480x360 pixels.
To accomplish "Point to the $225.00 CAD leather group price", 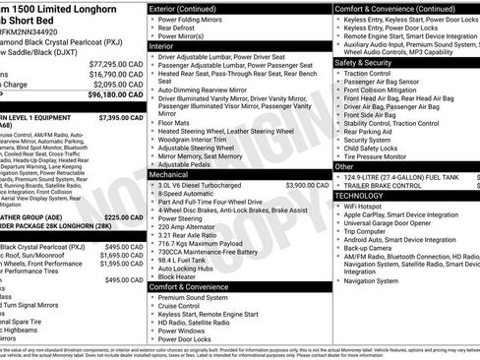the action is (x=123, y=217).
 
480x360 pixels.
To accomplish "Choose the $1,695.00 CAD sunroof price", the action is (x=122, y=255).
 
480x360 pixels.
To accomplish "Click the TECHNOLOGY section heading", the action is (x=359, y=195).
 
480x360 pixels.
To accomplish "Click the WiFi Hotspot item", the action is (x=367, y=207).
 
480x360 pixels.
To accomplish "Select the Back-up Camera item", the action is (x=372, y=249).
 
